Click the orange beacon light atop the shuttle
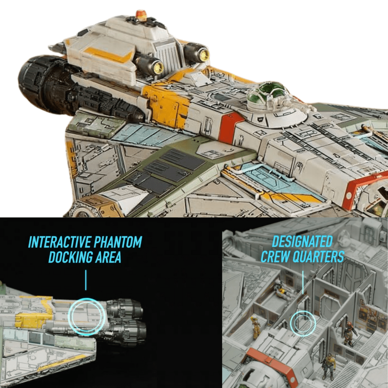click(141, 15)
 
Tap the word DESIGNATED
click(302, 241)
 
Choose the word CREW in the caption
click(277, 257)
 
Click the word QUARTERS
click(319, 257)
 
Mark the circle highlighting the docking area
click(87, 317)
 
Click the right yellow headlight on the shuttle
click(204, 54)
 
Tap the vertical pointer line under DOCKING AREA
click(86, 280)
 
